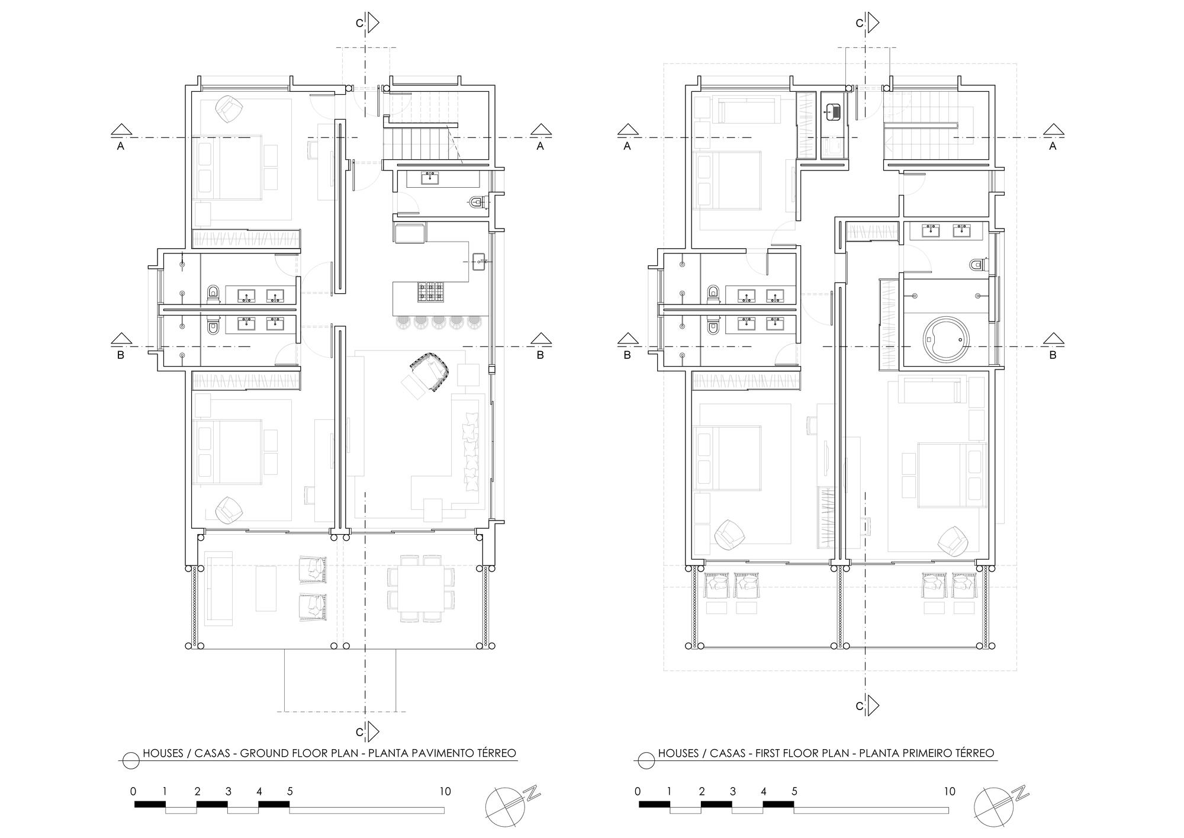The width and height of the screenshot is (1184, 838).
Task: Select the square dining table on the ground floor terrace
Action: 421,588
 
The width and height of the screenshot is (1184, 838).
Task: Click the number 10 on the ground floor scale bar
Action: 445,791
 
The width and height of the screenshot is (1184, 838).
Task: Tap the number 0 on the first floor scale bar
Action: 637,791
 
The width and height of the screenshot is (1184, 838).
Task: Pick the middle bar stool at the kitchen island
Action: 439,322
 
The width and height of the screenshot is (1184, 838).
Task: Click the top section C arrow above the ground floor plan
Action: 372,23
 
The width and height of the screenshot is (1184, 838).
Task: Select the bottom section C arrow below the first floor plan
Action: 873,705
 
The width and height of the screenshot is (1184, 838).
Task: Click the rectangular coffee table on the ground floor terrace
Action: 266,589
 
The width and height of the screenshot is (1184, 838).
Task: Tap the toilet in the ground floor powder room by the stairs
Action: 477,203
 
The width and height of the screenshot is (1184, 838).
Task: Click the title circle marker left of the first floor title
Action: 645,760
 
